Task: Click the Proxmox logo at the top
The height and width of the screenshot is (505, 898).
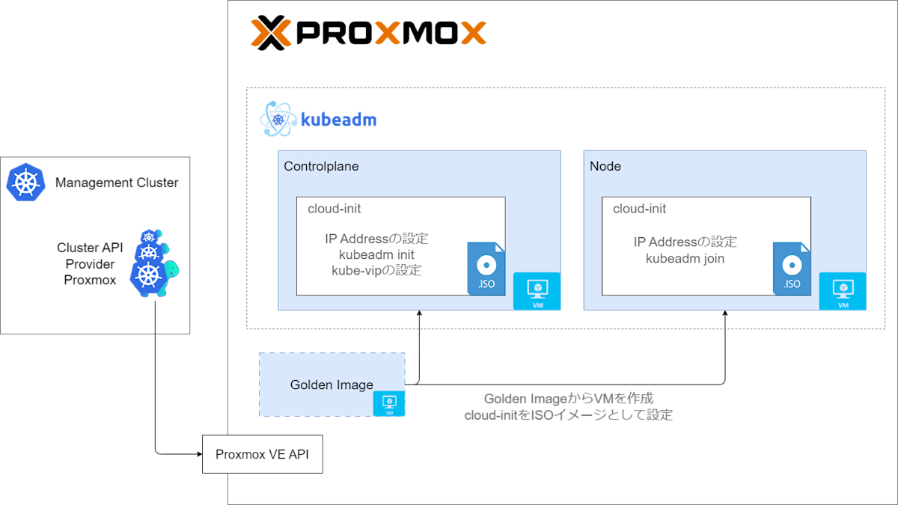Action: coord(368,33)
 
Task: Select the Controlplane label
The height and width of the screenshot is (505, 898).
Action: coord(321,166)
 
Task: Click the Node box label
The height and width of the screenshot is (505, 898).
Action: coord(605,166)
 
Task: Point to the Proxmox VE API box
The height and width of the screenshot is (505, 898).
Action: coord(262,454)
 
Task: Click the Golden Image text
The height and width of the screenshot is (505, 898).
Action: coord(332,385)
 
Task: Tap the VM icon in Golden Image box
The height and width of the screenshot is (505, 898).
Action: coord(389,403)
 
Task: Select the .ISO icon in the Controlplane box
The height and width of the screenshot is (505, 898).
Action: coord(486,269)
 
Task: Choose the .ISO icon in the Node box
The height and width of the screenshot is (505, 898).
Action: coord(792,269)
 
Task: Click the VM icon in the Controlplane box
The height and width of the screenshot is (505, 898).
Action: coord(537,291)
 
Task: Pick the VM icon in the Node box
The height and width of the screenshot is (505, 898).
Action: coord(843,291)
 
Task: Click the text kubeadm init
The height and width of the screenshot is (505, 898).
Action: coord(376,255)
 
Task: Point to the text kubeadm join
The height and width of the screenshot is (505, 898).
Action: coord(685,259)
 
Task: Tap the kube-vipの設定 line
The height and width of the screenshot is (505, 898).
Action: coord(376,271)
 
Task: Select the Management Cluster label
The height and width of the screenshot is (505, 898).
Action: coord(117,183)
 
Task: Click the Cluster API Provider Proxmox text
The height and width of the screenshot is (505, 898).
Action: coord(90,264)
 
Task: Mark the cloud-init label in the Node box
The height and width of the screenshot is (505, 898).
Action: coord(639,209)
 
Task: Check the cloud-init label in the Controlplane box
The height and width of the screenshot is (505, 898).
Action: coord(334,209)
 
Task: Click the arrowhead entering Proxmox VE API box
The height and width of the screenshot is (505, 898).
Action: coord(198,453)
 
